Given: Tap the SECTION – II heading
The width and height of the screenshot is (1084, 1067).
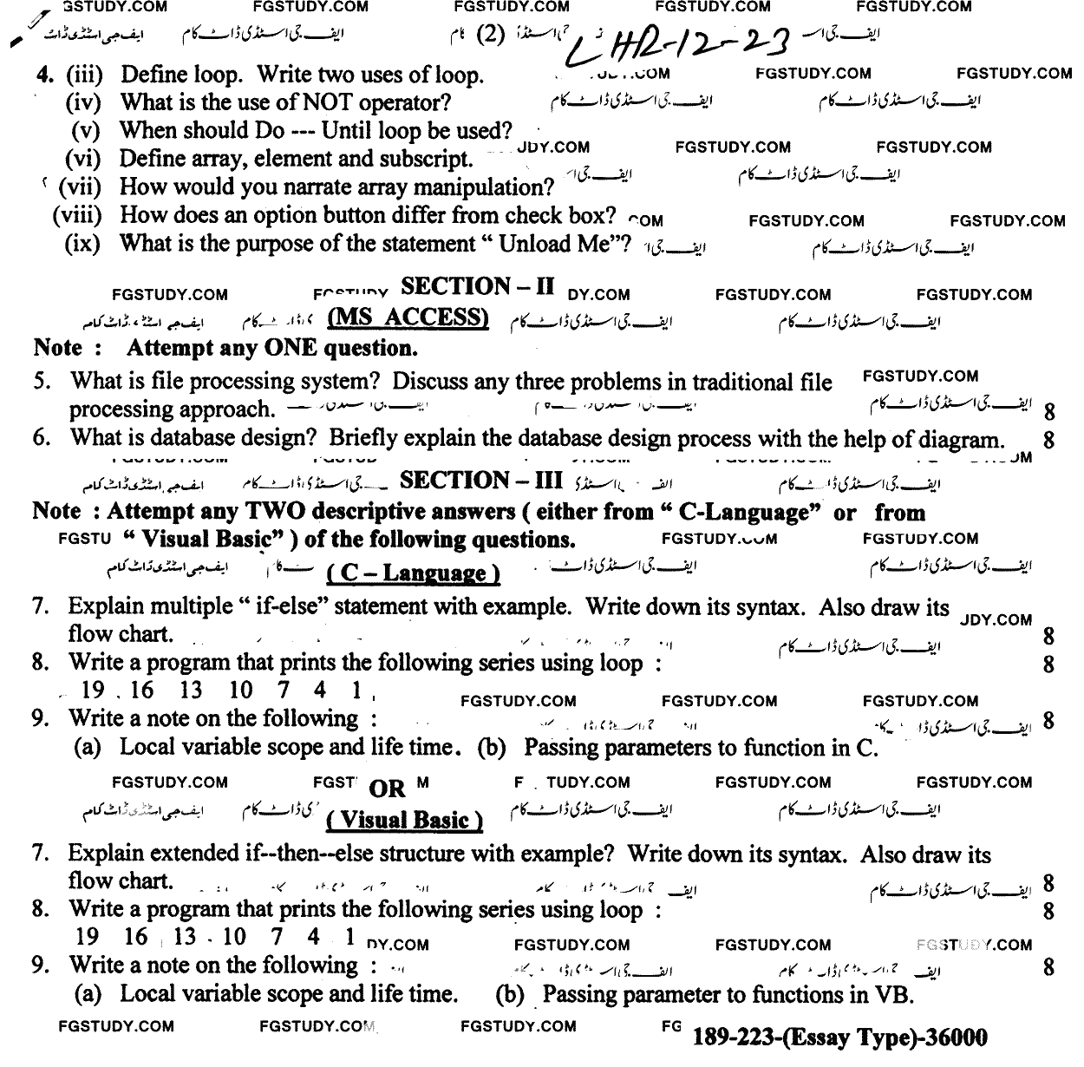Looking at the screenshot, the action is pos(478,287).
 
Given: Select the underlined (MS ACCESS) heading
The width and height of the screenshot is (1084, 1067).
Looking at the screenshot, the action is pos(408,318).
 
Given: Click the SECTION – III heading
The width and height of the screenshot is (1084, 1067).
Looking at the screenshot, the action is pos(481,481).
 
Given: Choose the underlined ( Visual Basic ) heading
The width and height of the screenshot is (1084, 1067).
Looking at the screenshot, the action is pos(405,820).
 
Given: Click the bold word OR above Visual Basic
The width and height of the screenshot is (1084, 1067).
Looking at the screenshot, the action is pos(387,789).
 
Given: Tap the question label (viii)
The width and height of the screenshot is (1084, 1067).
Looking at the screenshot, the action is pos(77,215).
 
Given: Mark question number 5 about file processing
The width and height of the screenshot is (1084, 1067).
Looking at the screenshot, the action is pos(40,382).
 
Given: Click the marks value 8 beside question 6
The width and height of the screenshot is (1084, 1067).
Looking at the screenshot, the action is pos(1049,440).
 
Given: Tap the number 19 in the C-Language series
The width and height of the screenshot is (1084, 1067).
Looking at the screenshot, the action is pos(91,691).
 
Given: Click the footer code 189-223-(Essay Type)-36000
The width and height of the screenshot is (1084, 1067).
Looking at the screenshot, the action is pos(840,1037).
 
